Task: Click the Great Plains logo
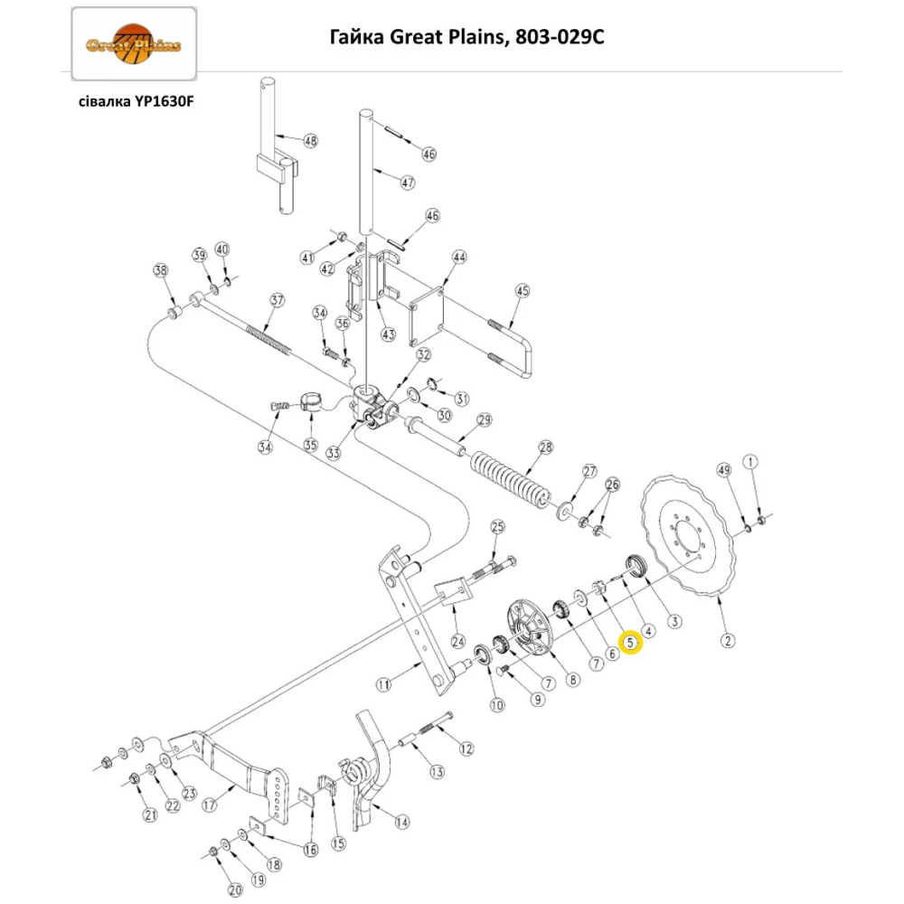point(133,43)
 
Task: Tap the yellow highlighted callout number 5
point(631,643)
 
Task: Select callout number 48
point(310,141)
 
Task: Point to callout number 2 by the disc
point(728,641)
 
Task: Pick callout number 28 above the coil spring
point(545,448)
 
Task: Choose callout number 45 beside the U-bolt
point(522,291)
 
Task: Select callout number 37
point(277,300)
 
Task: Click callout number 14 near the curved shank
point(401,822)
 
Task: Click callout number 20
point(235,890)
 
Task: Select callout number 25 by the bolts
point(496,527)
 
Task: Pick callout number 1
point(749,463)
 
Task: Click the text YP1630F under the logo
point(164,101)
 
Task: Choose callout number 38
point(161,271)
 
